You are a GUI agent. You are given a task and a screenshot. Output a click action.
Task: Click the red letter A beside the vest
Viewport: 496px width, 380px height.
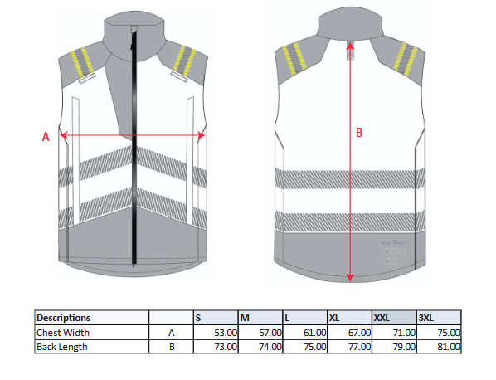click(46, 137)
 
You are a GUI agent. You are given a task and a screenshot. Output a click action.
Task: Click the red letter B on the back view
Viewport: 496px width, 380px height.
click(359, 133)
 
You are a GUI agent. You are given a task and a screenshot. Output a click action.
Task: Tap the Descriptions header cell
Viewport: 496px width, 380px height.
click(64, 318)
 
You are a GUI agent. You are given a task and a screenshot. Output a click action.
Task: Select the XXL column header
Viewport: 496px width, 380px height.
click(382, 318)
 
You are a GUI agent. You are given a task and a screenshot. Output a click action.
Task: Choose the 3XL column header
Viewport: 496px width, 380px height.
click(426, 318)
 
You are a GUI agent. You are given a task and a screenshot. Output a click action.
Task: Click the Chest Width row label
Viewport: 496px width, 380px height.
click(63, 333)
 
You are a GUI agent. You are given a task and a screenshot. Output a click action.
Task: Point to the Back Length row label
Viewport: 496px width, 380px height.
click(62, 347)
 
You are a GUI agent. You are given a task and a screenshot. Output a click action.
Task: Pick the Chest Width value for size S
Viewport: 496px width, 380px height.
click(226, 333)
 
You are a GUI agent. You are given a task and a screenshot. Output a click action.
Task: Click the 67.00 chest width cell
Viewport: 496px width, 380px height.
click(359, 333)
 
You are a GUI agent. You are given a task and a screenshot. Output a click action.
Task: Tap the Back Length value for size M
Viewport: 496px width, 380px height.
click(270, 347)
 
